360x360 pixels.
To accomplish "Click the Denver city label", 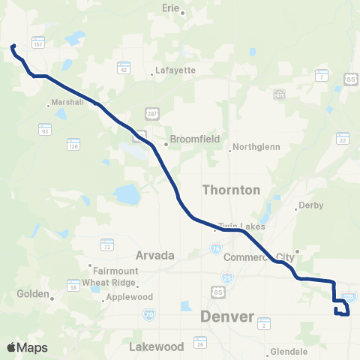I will coord(227,317).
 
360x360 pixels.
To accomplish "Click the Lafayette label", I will coord(175,70).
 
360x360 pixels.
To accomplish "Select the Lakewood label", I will coord(156,347).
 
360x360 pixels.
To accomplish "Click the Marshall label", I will coord(64,103).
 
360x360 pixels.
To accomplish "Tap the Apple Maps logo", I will coord(27,347).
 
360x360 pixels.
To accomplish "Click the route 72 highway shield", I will coord(107,245).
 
